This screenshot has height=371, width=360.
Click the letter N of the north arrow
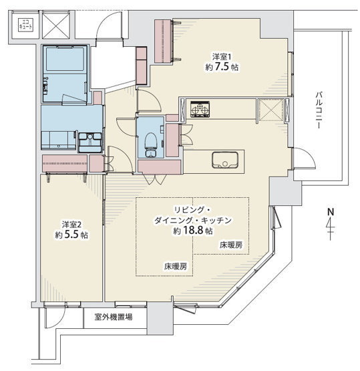pyautogui.click(x=330, y=213)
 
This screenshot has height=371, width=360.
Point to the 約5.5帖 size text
pyautogui.click(x=72, y=235)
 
